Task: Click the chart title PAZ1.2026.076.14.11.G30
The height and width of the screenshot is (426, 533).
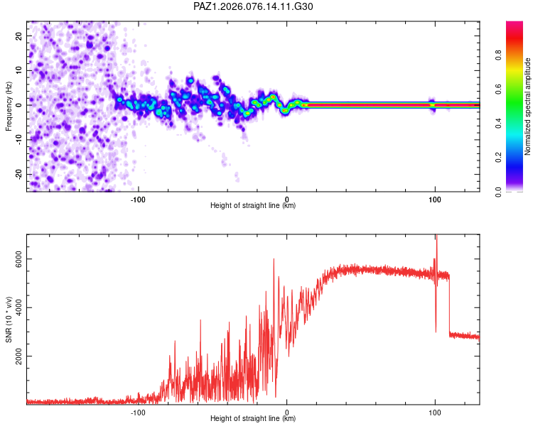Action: click(253, 6)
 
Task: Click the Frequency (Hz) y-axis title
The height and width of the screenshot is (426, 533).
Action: click(9, 106)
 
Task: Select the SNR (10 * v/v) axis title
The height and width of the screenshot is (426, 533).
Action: click(9, 319)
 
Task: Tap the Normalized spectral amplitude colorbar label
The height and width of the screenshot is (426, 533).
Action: click(528, 106)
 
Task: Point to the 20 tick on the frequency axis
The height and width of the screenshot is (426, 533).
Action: click(19, 35)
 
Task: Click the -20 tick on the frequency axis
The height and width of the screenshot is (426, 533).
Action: click(19, 174)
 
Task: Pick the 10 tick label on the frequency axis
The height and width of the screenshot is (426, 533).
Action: click(19, 70)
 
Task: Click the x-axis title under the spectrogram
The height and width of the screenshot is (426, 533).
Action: click(253, 206)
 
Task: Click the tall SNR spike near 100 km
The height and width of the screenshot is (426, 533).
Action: click(436, 241)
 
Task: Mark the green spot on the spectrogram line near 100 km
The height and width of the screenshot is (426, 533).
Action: click(431, 104)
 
